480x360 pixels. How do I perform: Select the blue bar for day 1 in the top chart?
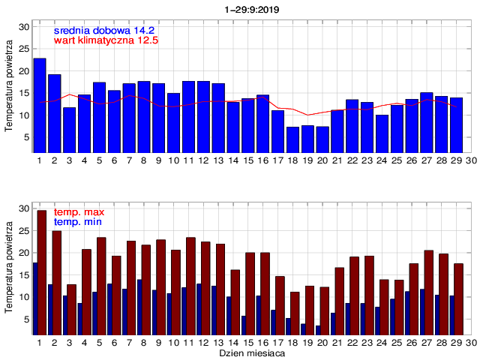(40, 105)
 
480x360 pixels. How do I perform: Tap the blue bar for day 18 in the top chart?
(292, 139)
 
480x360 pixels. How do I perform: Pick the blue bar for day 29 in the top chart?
(456, 125)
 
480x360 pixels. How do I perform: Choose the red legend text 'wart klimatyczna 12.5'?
(106, 40)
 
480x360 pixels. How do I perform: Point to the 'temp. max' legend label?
(79, 213)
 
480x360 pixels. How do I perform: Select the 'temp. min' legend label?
(78, 223)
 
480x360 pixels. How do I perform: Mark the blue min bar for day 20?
(319, 330)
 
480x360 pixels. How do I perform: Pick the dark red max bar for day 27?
(429, 292)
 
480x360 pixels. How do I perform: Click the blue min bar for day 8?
(139, 307)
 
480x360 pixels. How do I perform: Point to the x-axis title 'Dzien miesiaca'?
(251, 351)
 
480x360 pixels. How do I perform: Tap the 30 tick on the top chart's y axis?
(24, 27)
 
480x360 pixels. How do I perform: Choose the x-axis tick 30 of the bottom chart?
(471, 342)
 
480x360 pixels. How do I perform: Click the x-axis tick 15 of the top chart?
(247, 160)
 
